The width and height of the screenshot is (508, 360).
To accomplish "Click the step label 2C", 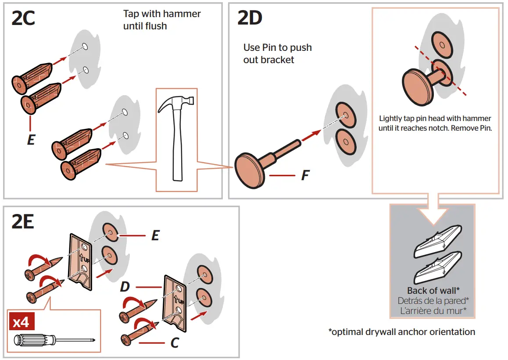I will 23,19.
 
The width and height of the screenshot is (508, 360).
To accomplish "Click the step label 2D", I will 250,18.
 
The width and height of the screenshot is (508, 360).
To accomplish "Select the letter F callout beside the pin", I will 305,176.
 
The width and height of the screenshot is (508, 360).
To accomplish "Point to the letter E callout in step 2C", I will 31,140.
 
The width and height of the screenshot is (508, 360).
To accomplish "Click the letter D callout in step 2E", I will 125,288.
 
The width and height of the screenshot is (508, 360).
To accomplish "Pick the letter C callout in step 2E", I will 174,342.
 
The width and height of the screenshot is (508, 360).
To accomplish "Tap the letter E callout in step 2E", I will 155,235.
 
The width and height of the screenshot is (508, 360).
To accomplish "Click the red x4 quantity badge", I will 21,323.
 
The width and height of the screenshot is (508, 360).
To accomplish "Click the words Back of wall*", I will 433,291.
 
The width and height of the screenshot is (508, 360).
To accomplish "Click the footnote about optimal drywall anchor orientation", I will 401,331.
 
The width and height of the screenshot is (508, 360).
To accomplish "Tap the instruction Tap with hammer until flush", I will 162,20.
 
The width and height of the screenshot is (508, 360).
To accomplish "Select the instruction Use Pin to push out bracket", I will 277,53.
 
